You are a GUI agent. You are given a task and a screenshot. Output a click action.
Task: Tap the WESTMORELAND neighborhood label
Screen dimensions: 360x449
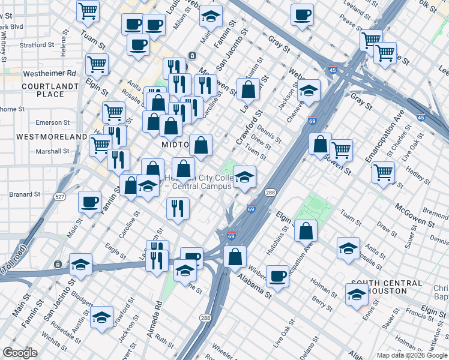pyautogui.click(x=43, y=137)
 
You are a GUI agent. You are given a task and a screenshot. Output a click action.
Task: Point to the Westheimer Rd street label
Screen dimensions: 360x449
pyautogui.click(x=50, y=74)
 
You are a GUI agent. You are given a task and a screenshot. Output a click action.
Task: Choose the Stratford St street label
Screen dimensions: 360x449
pyautogui.click(x=37, y=45)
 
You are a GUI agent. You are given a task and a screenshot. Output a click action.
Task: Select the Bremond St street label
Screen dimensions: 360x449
pyautogui.click(x=435, y=214)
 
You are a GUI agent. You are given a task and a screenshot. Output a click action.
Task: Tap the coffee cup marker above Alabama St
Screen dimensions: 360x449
pyautogui.click(x=277, y=275)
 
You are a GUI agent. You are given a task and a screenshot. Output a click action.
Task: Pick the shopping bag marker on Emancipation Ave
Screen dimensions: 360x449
pyautogui.click(x=306, y=230)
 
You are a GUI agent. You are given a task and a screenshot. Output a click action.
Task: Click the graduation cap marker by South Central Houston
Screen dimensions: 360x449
pyautogui.click(x=357, y=294)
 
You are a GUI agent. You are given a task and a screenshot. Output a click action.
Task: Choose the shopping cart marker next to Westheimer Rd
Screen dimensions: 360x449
pyautogui.click(x=97, y=64)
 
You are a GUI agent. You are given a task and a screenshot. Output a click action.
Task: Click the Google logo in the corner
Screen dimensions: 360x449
pyautogui.click(x=20, y=353)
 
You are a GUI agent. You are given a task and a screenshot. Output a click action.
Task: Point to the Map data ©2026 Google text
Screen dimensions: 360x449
pyautogui.click(x=412, y=355)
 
